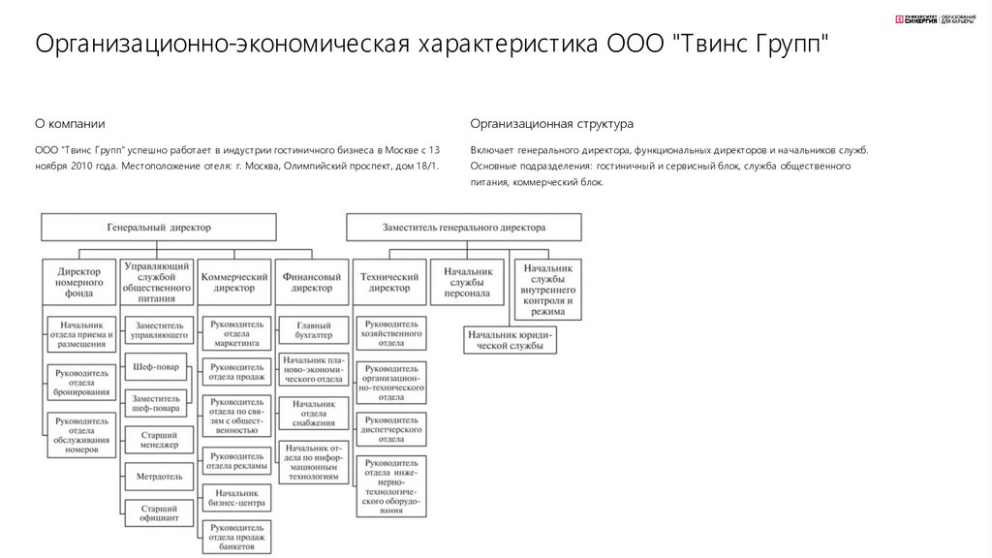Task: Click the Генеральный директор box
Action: click(158, 228)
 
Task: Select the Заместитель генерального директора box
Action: click(464, 228)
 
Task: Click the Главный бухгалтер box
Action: click(312, 328)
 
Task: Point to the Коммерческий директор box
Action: click(233, 282)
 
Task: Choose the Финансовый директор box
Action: click(312, 282)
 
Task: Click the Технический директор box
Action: click(390, 282)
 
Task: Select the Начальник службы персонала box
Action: click(467, 282)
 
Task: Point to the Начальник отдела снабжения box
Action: click(312, 413)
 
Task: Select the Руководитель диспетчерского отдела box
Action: click(390, 429)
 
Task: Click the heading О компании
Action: click(70, 124)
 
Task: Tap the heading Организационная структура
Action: click(551, 124)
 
